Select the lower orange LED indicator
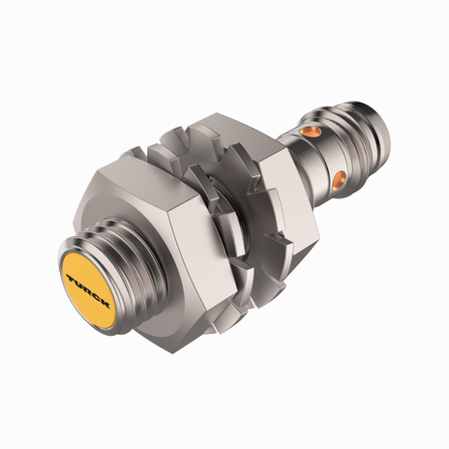(340, 178)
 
